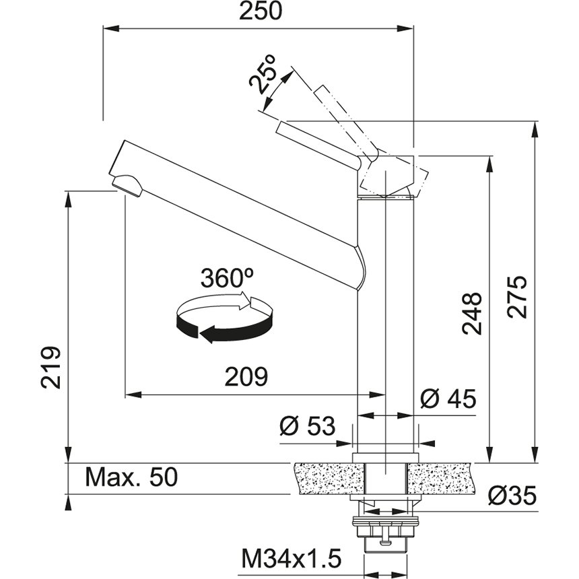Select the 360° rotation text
(226, 277)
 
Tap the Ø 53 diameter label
(307, 425)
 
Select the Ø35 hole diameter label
(512, 496)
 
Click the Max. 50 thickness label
(131, 477)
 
